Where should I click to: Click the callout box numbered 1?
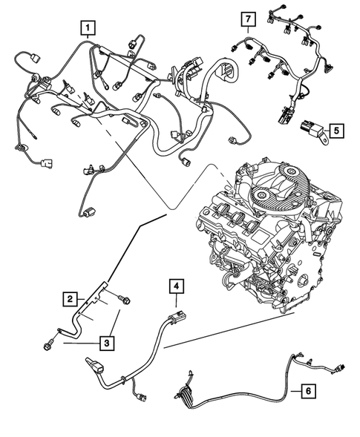pyautogui.click(x=88, y=30)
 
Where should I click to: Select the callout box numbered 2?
pyautogui.click(x=69, y=299)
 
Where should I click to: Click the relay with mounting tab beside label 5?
pyautogui.click(x=310, y=133)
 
